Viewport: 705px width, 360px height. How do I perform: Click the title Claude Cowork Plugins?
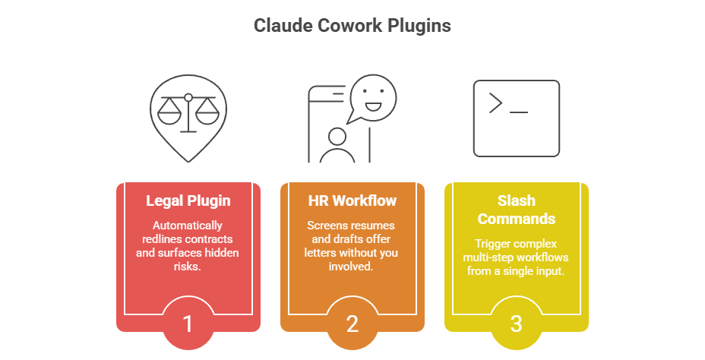[352, 26]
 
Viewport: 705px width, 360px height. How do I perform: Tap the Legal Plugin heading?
[188, 201]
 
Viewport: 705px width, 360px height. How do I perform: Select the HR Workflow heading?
[352, 201]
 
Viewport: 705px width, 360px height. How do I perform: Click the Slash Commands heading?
[516, 209]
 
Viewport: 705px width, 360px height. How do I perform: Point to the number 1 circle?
[188, 324]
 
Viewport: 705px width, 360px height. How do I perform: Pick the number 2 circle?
[352, 324]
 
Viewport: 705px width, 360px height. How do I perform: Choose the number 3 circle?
[516, 324]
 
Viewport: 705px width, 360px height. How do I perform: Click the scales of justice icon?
[188, 114]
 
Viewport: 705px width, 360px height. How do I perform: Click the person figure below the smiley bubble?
[337, 145]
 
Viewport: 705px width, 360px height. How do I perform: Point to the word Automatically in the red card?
[188, 226]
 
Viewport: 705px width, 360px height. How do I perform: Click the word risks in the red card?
[188, 267]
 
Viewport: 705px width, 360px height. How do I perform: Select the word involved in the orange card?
[352, 267]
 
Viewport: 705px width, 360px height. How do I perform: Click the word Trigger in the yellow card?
[491, 245]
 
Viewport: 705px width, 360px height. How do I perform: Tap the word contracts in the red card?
[209, 239]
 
